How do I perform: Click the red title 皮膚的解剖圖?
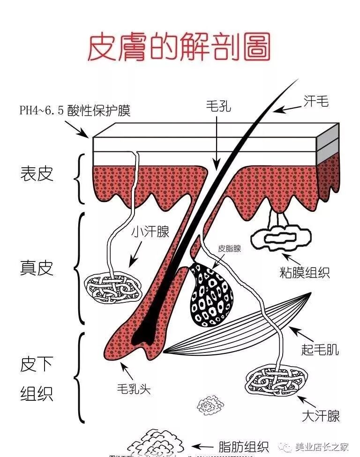point(180,47)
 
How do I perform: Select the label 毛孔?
point(218,106)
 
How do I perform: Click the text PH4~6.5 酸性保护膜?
point(75,111)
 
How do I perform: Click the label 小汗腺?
point(150,232)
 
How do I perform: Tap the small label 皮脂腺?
point(229,249)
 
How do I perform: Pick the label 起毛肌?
point(320,349)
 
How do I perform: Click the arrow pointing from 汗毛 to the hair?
point(286,108)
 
